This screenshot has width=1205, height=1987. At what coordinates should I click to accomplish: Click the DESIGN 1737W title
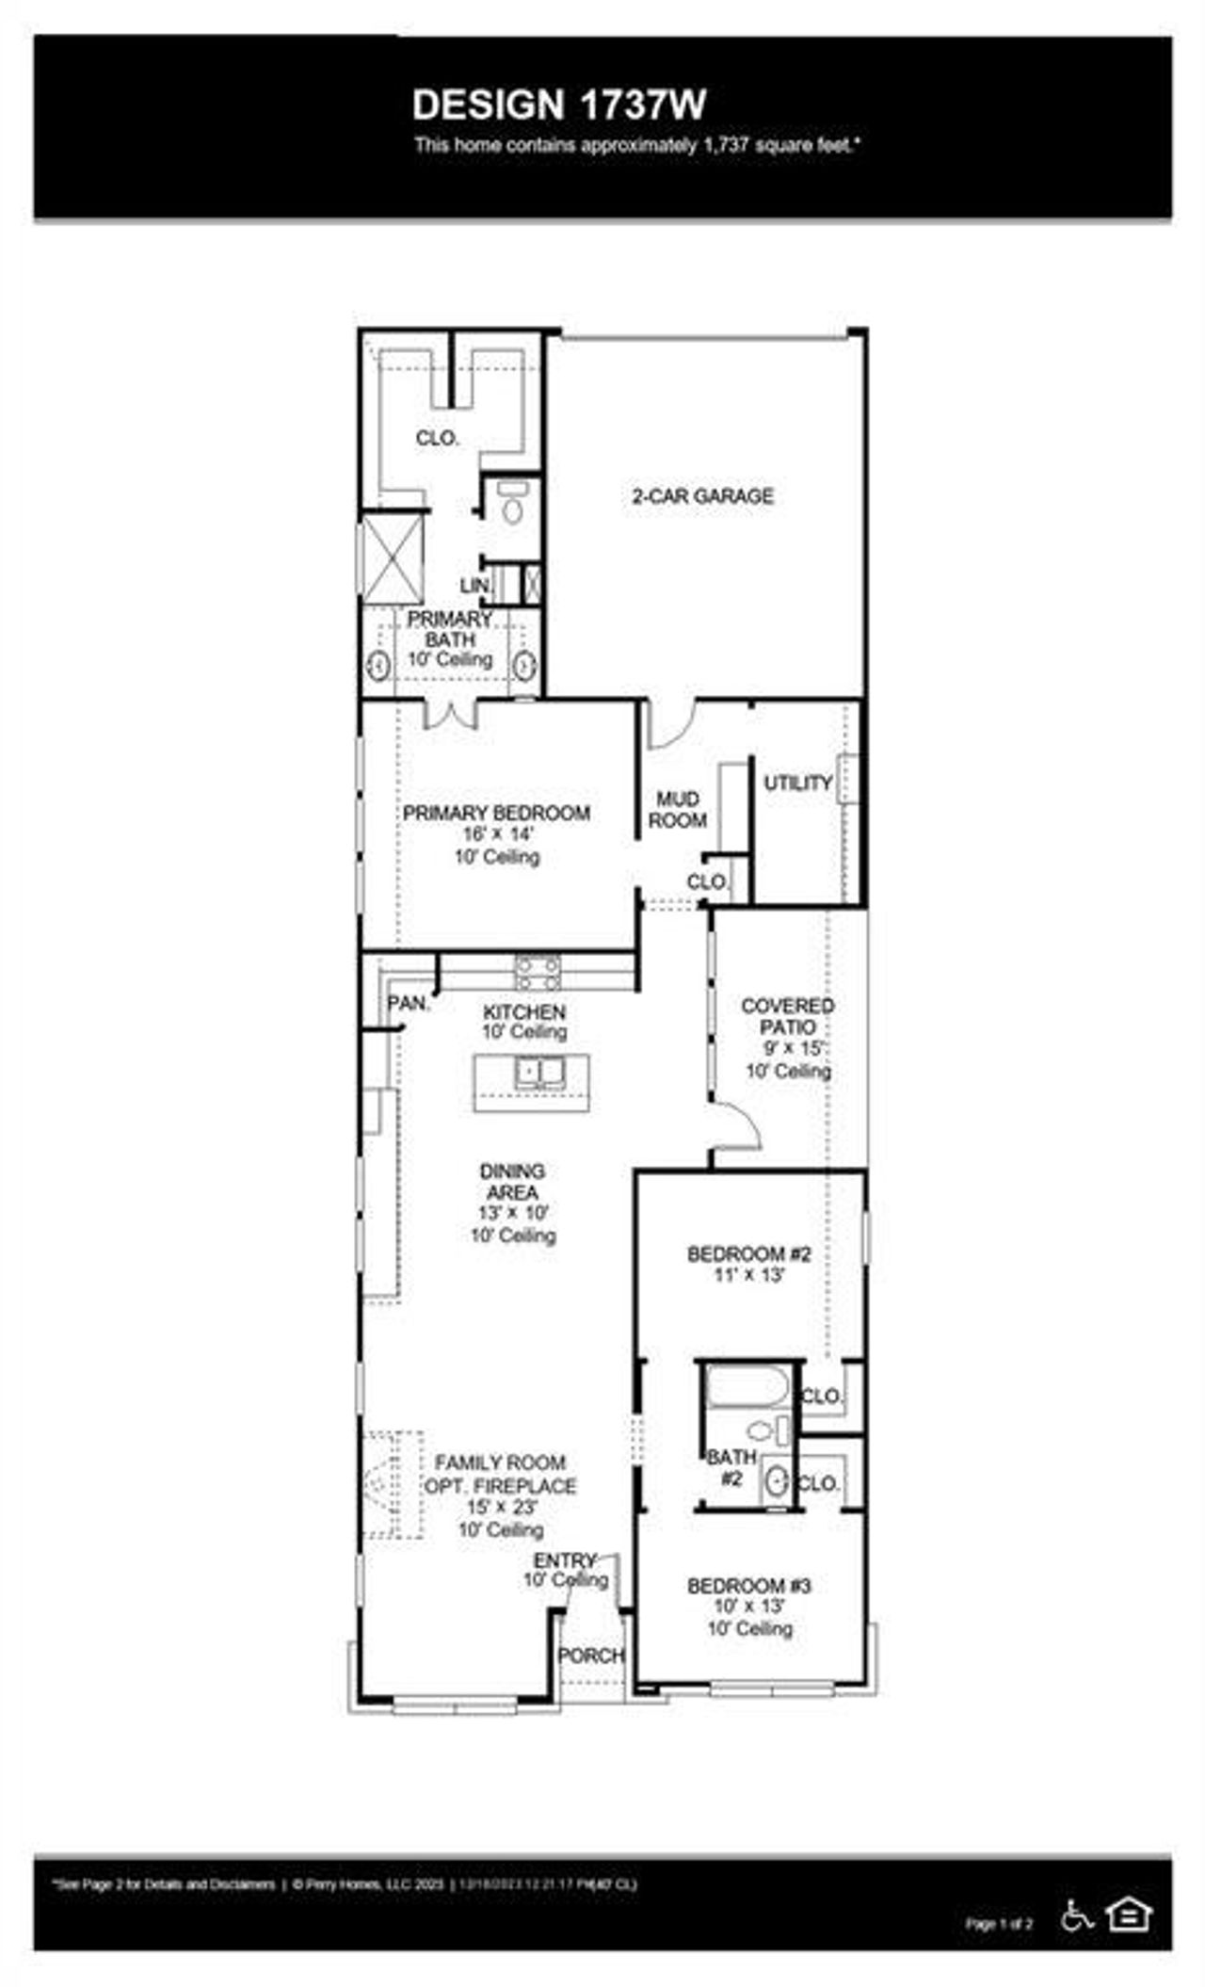[559, 105]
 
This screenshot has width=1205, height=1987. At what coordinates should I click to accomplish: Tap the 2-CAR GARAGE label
[702, 496]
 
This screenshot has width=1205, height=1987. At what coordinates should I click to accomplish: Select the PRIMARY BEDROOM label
[496, 813]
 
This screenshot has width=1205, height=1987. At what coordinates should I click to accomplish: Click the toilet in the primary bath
[512, 506]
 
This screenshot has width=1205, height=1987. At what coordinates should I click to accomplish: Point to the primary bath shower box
[393, 558]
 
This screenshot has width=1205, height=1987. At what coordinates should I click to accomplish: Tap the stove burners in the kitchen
[537, 973]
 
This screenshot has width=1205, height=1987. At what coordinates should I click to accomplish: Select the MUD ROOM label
[677, 810]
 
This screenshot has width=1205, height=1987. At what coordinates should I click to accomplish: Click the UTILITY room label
[797, 783]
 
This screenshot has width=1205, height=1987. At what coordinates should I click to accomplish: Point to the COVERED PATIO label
[787, 1016]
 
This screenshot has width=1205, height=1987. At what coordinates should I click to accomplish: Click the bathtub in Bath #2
[747, 1387]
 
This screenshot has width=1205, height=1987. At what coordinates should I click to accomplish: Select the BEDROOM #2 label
[748, 1254]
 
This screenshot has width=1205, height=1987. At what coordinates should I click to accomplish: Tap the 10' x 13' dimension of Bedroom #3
[748, 1606]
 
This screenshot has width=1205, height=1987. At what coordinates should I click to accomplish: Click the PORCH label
[590, 1656]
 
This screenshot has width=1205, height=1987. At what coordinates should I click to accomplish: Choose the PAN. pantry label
[408, 1004]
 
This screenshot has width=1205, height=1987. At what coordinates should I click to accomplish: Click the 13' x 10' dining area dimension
[512, 1214]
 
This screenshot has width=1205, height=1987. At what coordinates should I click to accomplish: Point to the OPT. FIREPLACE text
[500, 1486]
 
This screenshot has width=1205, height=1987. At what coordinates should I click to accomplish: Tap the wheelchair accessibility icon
[1077, 1914]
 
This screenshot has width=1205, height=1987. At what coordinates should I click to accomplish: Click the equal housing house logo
[1128, 1914]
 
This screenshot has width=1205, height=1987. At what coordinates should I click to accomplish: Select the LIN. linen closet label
[474, 586]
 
